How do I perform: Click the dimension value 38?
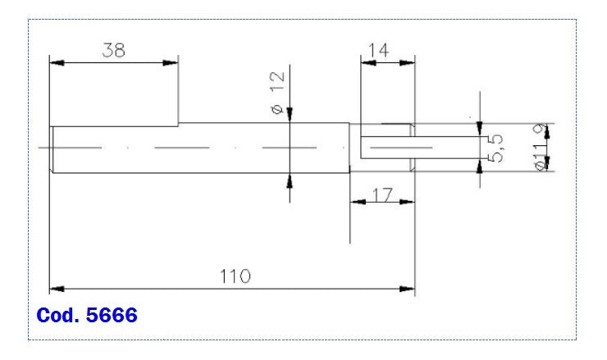point(113,50)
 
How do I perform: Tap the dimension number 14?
point(377,50)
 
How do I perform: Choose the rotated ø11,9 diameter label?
point(541,148)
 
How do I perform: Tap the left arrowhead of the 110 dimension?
point(56,289)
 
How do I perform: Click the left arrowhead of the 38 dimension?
point(56,62)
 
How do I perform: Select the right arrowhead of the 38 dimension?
point(172,62)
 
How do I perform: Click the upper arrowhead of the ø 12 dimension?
point(290,116)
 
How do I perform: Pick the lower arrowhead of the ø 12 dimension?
point(290,180)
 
